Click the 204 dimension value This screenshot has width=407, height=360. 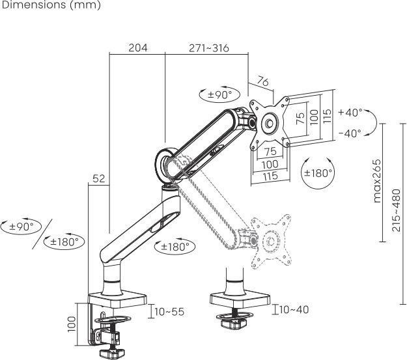(138, 48)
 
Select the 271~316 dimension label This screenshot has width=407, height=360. (209, 48)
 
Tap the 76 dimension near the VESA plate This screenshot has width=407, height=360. (262, 81)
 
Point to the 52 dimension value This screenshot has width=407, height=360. (98, 178)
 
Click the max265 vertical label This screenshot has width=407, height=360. (377, 181)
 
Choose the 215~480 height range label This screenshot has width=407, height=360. (397, 210)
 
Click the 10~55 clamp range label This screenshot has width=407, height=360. (169, 312)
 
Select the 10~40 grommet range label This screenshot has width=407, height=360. (294, 309)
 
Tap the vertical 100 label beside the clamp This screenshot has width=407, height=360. (72, 324)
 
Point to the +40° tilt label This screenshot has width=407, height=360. (350, 113)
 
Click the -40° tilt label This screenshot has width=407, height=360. (350, 133)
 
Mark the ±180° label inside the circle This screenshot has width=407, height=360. (318, 173)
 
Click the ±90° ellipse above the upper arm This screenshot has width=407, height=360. (219, 95)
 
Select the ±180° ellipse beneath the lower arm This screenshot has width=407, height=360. (175, 246)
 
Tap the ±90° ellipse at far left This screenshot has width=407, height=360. (21, 227)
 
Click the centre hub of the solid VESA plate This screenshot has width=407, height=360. (270, 123)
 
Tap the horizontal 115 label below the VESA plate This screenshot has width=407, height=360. (270, 176)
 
